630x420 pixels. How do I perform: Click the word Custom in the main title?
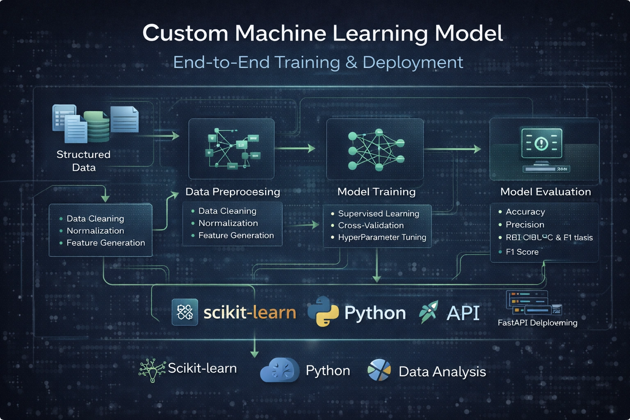pyautogui.click(x=185, y=33)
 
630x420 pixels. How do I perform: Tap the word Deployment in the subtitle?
pyautogui.click(x=413, y=62)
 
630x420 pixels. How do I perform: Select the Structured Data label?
pyautogui.click(x=84, y=161)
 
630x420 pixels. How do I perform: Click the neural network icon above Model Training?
pyautogui.click(x=376, y=149)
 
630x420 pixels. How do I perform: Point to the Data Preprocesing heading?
pyautogui.click(x=233, y=192)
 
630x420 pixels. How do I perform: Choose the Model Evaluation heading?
pyautogui.click(x=546, y=192)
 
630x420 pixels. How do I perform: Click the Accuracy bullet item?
pyautogui.click(x=525, y=212)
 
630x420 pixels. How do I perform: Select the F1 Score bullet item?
pyautogui.click(x=522, y=252)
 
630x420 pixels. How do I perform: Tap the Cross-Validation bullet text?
pyautogui.click(x=371, y=226)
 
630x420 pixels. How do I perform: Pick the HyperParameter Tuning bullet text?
pyautogui.click(x=382, y=237)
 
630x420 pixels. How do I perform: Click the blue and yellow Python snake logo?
pyautogui.click(x=323, y=312)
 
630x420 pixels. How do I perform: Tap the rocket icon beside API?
pyautogui.click(x=429, y=312)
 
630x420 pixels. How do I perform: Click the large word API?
pyautogui.click(x=463, y=313)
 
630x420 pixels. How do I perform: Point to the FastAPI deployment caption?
pyautogui.click(x=537, y=323)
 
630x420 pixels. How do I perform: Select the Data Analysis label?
pyautogui.click(x=442, y=372)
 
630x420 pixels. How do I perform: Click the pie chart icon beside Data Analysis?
pyautogui.click(x=379, y=370)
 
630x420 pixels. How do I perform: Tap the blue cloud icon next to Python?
pyautogui.click(x=280, y=370)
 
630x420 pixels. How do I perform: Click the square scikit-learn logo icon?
pyautogui.click(x=185, y=312)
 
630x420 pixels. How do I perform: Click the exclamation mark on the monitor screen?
pyautogui.click(x=542, y=143)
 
